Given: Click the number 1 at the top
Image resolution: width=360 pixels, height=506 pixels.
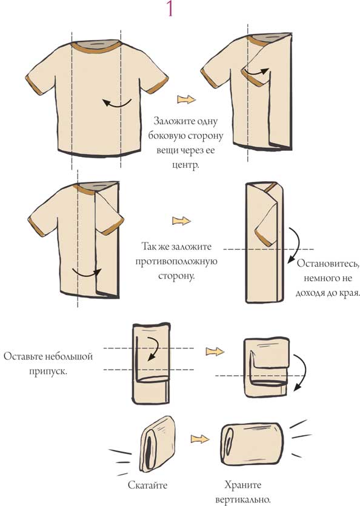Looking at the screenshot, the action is [170, 8].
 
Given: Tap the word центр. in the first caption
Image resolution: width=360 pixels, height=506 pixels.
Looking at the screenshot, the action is [185, 165].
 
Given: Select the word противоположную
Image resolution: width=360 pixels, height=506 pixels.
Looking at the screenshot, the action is [176, 262].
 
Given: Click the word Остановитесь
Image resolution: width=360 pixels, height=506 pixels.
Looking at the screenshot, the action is [328, 264].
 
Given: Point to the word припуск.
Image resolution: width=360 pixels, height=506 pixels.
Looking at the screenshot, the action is [48, 371].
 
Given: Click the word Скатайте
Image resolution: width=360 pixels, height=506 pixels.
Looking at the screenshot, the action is [148, 485].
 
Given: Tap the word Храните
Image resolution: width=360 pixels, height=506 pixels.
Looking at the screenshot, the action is [243, 485].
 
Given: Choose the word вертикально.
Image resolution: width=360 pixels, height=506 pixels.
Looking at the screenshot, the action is [243, 500].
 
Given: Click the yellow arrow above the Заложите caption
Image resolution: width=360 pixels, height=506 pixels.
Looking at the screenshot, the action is [186, 99].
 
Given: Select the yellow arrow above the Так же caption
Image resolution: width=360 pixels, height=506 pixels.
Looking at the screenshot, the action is [181, 221].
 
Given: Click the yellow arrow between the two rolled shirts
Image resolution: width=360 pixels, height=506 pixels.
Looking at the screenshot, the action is [200, 439].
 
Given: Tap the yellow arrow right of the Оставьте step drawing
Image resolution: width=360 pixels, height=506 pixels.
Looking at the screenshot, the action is [215, 351].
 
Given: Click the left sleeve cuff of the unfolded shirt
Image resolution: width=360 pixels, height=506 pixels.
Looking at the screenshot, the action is [34, 85].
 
